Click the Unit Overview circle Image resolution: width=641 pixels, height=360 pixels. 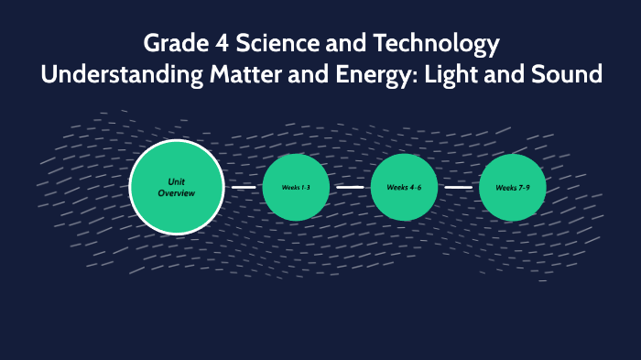pyautogui.click(x=177, y=187)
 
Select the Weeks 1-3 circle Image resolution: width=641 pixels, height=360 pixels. pyautogui.click(x=296, y=187)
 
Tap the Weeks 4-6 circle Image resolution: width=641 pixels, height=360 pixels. pyautogui.click(x=404, y=187)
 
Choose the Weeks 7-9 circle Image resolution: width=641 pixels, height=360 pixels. pyautogui.click(x=512, y=187)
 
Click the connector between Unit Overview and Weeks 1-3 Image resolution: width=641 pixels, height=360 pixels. pyautogui.click(x=244, y=187)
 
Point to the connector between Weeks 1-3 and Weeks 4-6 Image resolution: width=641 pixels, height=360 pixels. pyautogui.click(x=350, y=187)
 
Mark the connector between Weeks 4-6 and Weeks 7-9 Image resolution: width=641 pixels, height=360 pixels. pyautogui.click(x=458, y=187)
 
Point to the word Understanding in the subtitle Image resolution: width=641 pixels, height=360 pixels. pyautogui.click(x=116, y=74)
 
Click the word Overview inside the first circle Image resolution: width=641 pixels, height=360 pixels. pyautogui.click(x=177, y=193)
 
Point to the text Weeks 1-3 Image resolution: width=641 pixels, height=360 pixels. pyautogui.click(x=296, y=187)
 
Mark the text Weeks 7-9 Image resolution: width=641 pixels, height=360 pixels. pyautogui.click(x=512, y=187)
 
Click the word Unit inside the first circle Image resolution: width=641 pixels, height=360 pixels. pyautogui.click(x=177, y=181)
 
